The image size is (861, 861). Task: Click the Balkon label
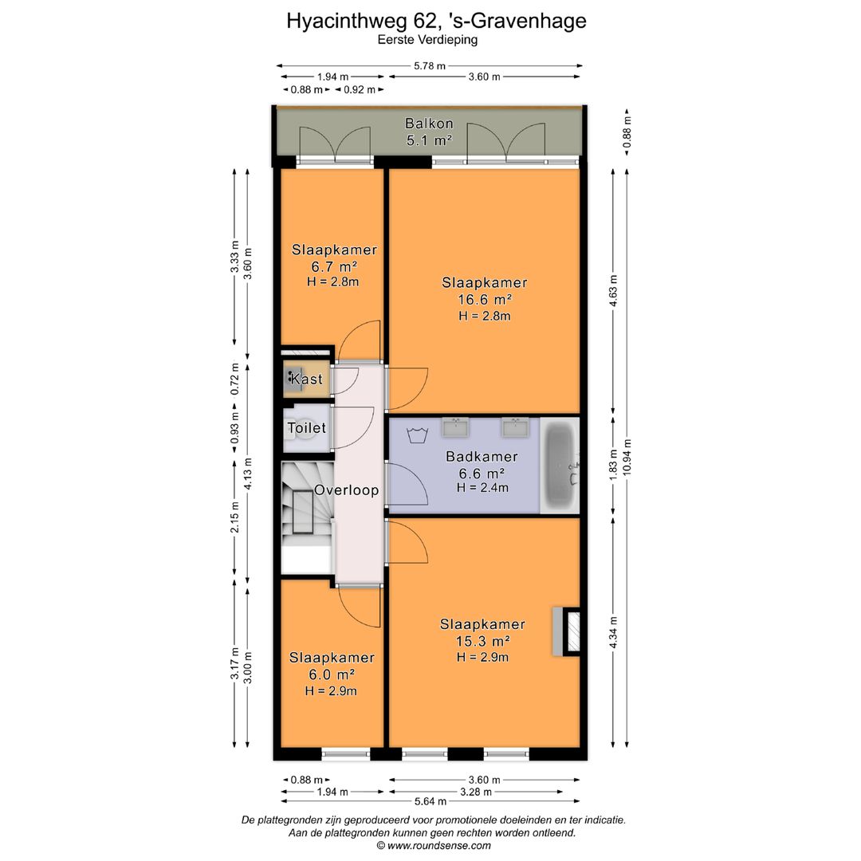coord(429,124)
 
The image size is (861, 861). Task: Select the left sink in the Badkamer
coord(457,428)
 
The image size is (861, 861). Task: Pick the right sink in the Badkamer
coord(514,428)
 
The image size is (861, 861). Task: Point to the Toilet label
coord(307,428)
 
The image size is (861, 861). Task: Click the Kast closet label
coord(307,379)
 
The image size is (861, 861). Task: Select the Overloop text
coord(346,490)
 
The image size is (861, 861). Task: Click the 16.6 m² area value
coord(485,300)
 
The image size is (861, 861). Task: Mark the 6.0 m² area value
coord(331,674)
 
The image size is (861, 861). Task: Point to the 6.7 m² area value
coord(333,265)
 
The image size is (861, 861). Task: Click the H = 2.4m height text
coord(482,488)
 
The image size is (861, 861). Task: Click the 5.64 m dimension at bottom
coord(429,802)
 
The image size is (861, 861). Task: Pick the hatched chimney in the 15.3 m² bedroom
coord(572,631)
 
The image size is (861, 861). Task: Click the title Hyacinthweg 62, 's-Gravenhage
coord(436,21)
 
